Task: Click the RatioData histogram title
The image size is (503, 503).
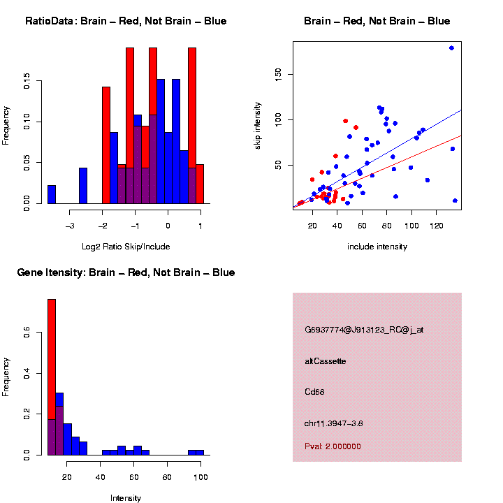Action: click(x=126, y=22)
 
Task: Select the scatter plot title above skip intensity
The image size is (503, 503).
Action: click(x=377, y=22)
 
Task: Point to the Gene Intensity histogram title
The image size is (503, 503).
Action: click(x=126, y=272)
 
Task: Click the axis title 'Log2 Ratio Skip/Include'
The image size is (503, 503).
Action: click(x=126, y=246)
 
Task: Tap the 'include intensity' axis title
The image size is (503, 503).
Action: click(x=377, y=246)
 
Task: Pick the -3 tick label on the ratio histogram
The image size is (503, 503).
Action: click(x=70, y=225)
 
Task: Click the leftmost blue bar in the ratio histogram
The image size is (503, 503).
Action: click(x=52, y=194)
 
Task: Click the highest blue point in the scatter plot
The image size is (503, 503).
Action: click(x=451, y=48)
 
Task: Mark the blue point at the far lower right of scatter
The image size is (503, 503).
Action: click(x=455, y=201)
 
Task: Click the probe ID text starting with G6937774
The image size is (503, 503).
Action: click(x=364, y=330)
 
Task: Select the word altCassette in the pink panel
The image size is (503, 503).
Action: click(x=326, y=361)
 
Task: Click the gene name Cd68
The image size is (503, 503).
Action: click(x=314, y=392)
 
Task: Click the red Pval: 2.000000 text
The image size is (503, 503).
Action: click(x=333, y=446)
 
